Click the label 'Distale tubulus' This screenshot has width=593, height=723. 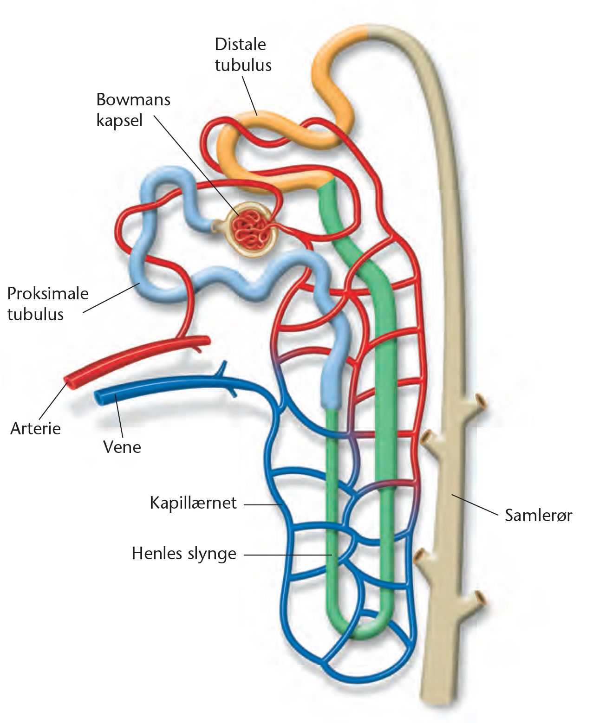coord(243,54)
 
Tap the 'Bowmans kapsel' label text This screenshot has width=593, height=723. coord(133,110)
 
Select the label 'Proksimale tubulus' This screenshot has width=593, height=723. coord(48,304)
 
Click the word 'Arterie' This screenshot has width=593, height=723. coord(35,429)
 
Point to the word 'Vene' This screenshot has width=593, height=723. coord(122,447)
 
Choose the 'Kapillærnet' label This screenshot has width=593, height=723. coord(193,503)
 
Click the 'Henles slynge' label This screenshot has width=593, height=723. coord(184,554)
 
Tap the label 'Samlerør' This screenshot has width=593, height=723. coord(539,515)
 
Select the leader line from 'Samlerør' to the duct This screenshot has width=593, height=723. coord(475,504)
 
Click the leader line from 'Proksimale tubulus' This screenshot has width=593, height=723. coord(111,297)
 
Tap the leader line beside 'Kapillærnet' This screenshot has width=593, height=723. coord(263,504)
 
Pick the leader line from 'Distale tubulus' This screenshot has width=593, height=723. coord(250,96)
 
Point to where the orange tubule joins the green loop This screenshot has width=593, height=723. coord(326,183)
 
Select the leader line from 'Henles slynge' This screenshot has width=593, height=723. coord(288,555)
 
